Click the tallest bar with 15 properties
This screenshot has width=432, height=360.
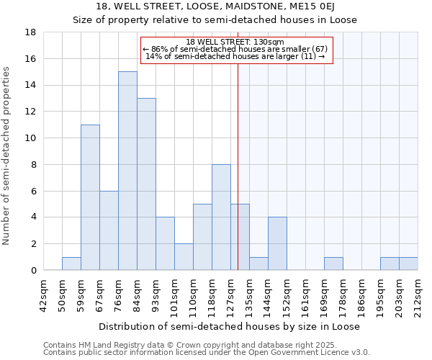(127, 171)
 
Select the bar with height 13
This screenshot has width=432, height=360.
(146, 184)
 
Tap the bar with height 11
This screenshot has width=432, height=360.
(90, 197)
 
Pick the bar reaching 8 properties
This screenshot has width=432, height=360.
(221, 217)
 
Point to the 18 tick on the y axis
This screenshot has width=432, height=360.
(31, 32)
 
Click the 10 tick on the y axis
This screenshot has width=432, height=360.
(31, 138)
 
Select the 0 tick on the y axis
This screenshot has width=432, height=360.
(34, 270)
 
